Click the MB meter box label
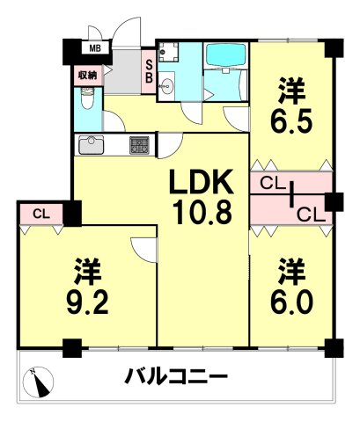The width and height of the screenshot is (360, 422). [95, 48]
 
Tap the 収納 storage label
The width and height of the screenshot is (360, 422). [87, 76]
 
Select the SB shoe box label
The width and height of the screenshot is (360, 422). [149, 71]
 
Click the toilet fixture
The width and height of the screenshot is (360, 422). [86, 98]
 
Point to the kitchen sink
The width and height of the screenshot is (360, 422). [92, 145]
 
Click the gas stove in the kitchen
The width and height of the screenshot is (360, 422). [139, 145]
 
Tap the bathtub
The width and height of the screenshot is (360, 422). [225, 55]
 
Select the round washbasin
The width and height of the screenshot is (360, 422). [167, 87]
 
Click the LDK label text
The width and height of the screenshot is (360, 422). [201, 182]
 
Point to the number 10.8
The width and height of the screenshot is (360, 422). [202, 212]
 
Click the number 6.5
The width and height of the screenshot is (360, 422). [291, 120]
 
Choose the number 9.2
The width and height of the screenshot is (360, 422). [88, 302]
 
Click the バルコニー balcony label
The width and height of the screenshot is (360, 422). [176, 376]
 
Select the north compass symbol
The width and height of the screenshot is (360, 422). [39, 382]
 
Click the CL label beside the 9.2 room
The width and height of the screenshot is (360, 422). [41, 214]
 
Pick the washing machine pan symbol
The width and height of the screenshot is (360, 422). [168, 52]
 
